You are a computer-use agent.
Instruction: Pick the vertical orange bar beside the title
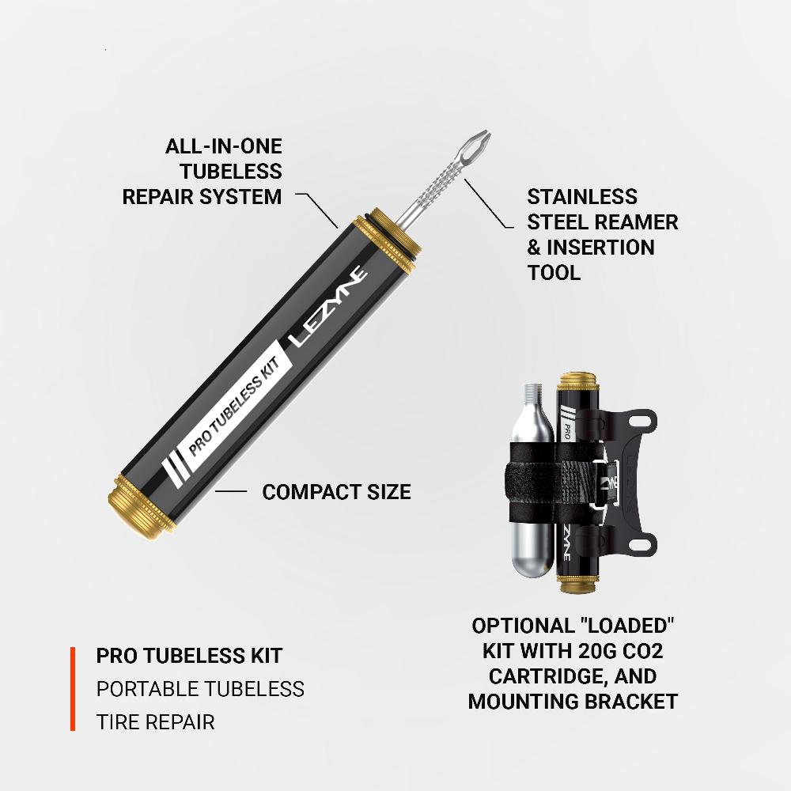(73, 688)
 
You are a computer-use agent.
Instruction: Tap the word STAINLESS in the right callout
(582, 197)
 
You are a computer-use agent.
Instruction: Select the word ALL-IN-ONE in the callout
(223, 146)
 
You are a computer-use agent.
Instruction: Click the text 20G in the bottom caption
(577, 651)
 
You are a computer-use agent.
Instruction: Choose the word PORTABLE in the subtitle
(146, 689)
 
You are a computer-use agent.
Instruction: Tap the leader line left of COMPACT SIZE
(231, 492)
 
